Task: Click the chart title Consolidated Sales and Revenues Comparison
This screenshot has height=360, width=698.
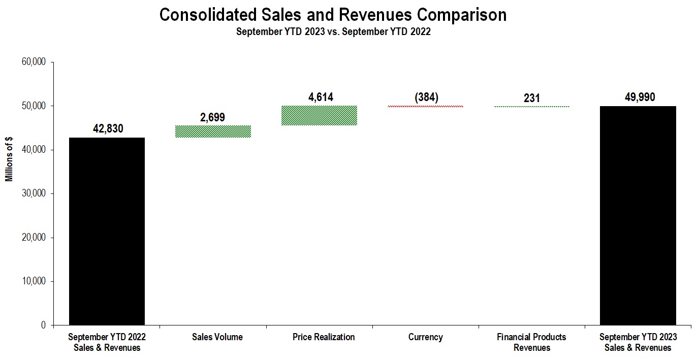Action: pyautogui.click(x=333, y=15)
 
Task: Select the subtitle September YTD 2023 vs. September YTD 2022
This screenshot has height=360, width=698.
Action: pyautogui.click(x=333, y=32)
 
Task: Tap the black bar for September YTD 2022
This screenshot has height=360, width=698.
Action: pyautogui.click(x=107, y=231)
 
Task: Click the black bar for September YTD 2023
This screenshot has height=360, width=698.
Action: pyautogui.click(x=638, y=215)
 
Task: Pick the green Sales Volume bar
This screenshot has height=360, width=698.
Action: pyautogui.click(x=213, y=132)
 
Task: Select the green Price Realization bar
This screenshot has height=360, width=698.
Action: pyautogui.click(x=319, y=115)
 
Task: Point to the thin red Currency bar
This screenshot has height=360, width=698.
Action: pyautogui.click(x=425, y=106)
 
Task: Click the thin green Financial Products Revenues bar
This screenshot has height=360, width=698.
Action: pyautogui.click(x=531, y=106)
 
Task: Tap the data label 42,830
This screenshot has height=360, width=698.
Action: pyautogui.click(x=107, y=129)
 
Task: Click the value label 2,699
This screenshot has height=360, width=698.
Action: pyautogui.click(x=213, y=117)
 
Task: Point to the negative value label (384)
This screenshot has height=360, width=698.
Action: pyautogui.click(x=426, y=97)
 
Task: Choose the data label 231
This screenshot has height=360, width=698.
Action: pyautogui.click(x=531, y=98)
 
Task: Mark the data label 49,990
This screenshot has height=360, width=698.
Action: pyautogui.click(x=638, y=97)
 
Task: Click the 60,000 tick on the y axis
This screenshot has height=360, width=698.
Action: pyautogui.click(x=34, y=62)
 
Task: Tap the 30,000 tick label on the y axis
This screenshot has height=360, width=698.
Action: pyautogui.click(x=34, y=193)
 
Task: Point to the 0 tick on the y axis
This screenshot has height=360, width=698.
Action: pyautogui.click(x=44, y=325)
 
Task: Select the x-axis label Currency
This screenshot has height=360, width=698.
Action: pyautogui.click(x=425, y=337)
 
